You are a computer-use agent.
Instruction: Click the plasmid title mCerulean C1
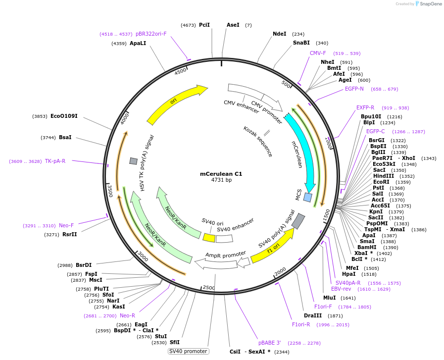tap(221, 174)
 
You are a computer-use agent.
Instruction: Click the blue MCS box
tap(308, 198)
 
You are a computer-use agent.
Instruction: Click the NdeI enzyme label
tap(280, 34)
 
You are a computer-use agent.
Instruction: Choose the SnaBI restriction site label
tap(301, 43)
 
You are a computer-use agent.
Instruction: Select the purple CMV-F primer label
tap(318, 53)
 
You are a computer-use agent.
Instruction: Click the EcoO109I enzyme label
tap(64, 116)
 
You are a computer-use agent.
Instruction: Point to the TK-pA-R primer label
tap(55, 161)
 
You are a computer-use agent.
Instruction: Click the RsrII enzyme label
tap(70, 234)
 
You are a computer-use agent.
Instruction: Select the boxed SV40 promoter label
tap(188, 351)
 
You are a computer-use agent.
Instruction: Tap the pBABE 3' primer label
tap(270, 342)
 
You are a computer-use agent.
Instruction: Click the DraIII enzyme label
tap(313, 315)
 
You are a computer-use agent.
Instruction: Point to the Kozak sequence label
tap(258, 141)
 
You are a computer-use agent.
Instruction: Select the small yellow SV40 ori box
tap(209, 238)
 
